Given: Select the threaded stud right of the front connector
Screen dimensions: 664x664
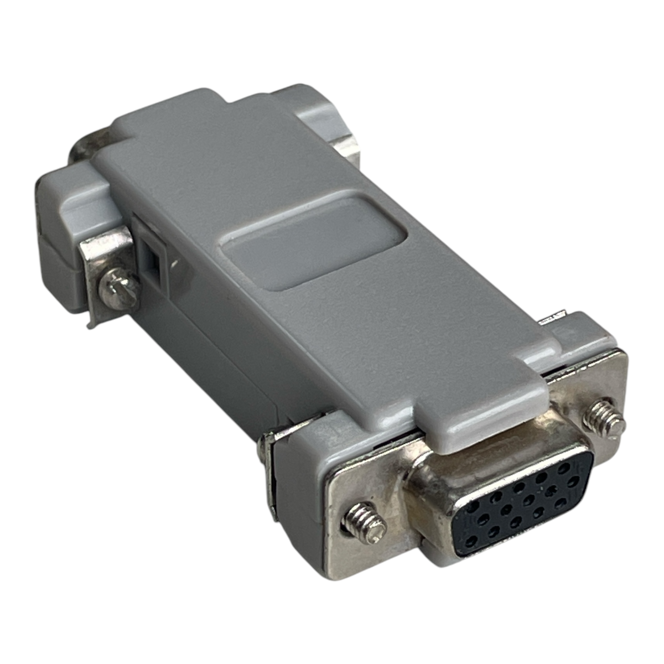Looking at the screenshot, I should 608,420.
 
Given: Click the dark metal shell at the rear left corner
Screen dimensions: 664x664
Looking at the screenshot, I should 83,147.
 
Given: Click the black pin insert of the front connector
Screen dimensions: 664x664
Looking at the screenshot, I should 515,515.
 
